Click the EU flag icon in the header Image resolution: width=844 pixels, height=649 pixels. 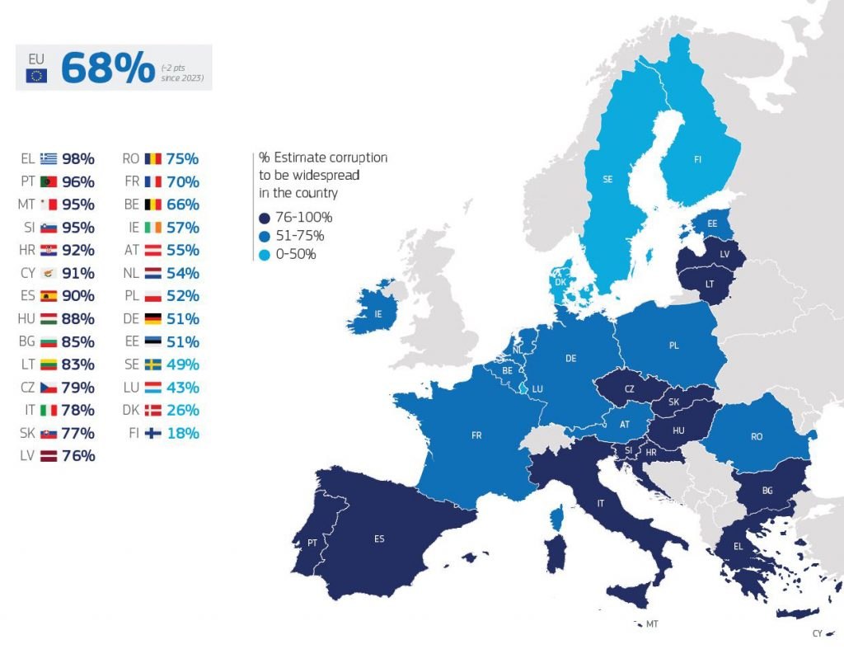(36, 76)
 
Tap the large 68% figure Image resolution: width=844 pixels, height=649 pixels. (107, 68)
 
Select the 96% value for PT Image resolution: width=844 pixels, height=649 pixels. (79, 182)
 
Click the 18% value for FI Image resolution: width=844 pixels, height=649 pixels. (183, 433)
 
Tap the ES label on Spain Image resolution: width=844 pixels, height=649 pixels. (379, 539)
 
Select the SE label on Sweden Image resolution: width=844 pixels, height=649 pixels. (607, 179)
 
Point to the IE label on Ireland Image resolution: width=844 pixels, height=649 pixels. (377, 314)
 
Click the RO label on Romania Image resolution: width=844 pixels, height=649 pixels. (757, 437)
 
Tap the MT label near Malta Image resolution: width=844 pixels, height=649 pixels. (652, 624)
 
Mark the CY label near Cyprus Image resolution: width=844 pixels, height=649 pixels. (817, 633)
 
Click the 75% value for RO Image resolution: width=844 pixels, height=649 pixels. (183, 159)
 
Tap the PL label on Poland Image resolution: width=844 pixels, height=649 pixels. (673, 346)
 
